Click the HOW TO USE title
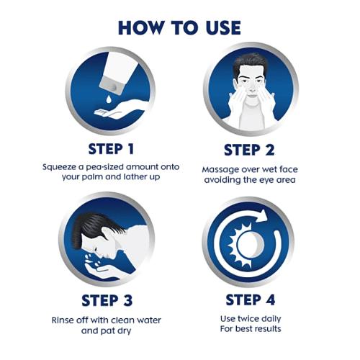[179, 28]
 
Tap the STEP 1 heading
[111, 149]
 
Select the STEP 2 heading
[249, 150]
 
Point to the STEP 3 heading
[107, 300]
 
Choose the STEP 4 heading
[251, 300]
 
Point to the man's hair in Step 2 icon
[250, 63]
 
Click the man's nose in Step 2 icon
[252, 90]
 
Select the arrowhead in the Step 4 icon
[262, 216]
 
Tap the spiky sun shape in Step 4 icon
[240, 244]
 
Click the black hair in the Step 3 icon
[92, 228]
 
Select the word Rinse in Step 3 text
[62, 320]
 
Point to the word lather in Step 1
[135, 177]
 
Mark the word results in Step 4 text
[268, 328]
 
